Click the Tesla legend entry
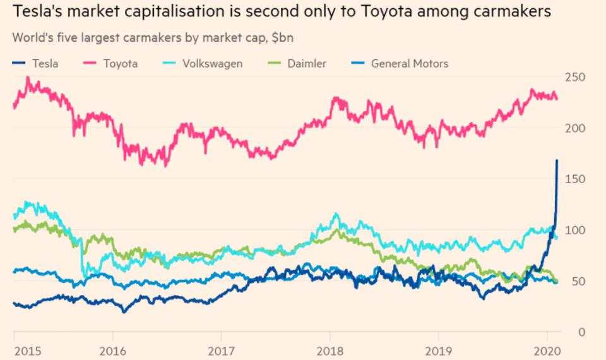click(45, 63)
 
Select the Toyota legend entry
click(120, 63)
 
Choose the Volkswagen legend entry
click(212, 63)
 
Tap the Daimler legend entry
click(307, 63)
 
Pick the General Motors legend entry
click(409, 63)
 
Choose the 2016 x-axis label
click(112, 351)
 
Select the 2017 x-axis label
click(221, 351)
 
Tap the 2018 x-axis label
click(328, 351)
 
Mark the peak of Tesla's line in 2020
click(557, 160)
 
